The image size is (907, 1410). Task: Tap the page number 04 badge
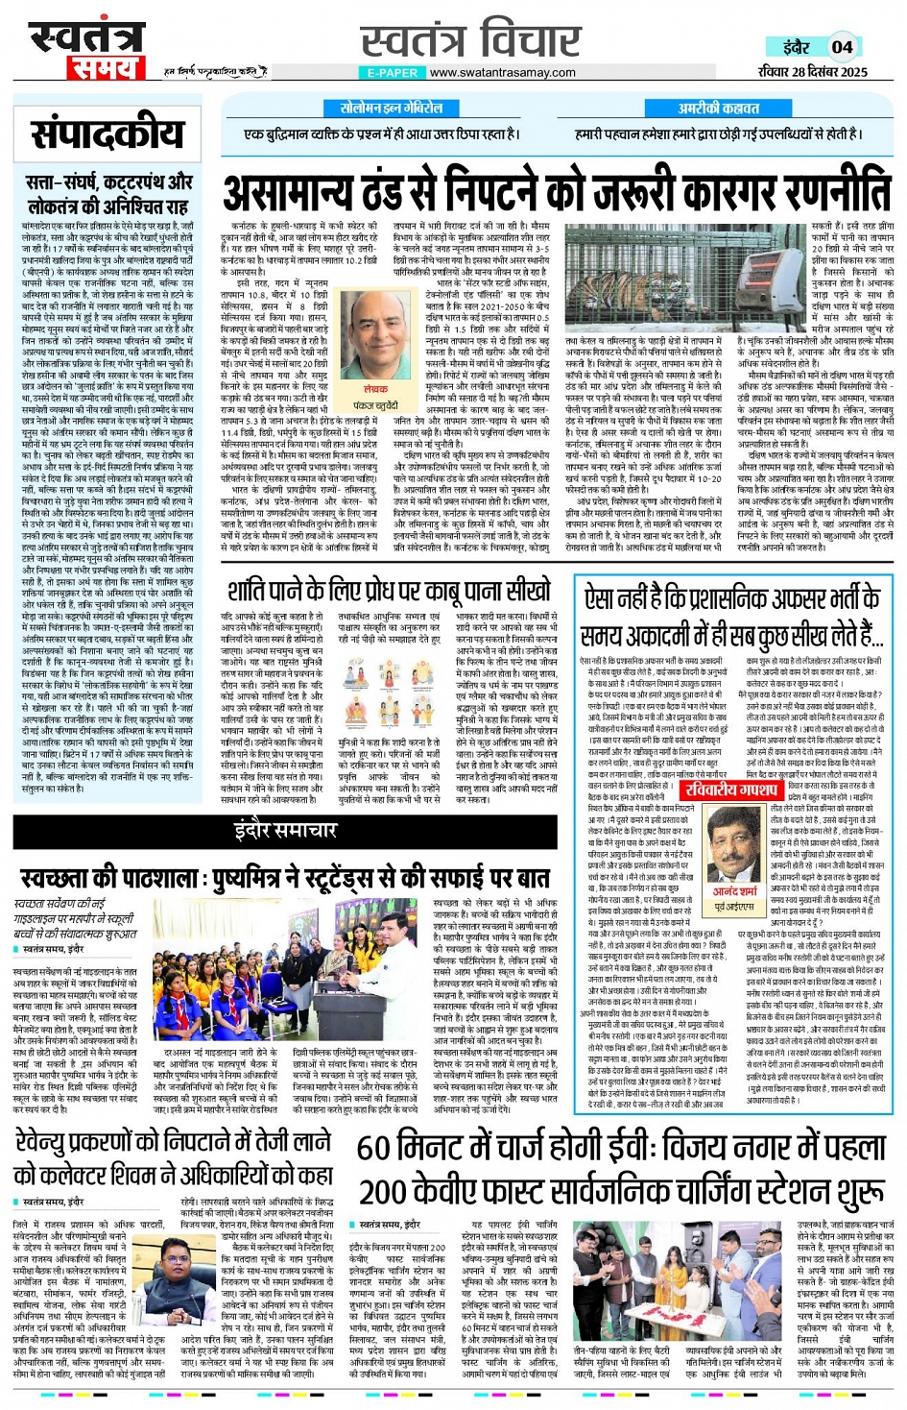842,46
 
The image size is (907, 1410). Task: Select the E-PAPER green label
392,72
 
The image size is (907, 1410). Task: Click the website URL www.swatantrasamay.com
502,72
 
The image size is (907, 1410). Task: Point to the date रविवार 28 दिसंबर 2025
812,71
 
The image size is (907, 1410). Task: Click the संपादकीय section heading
107,134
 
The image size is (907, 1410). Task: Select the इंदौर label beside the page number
796,47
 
